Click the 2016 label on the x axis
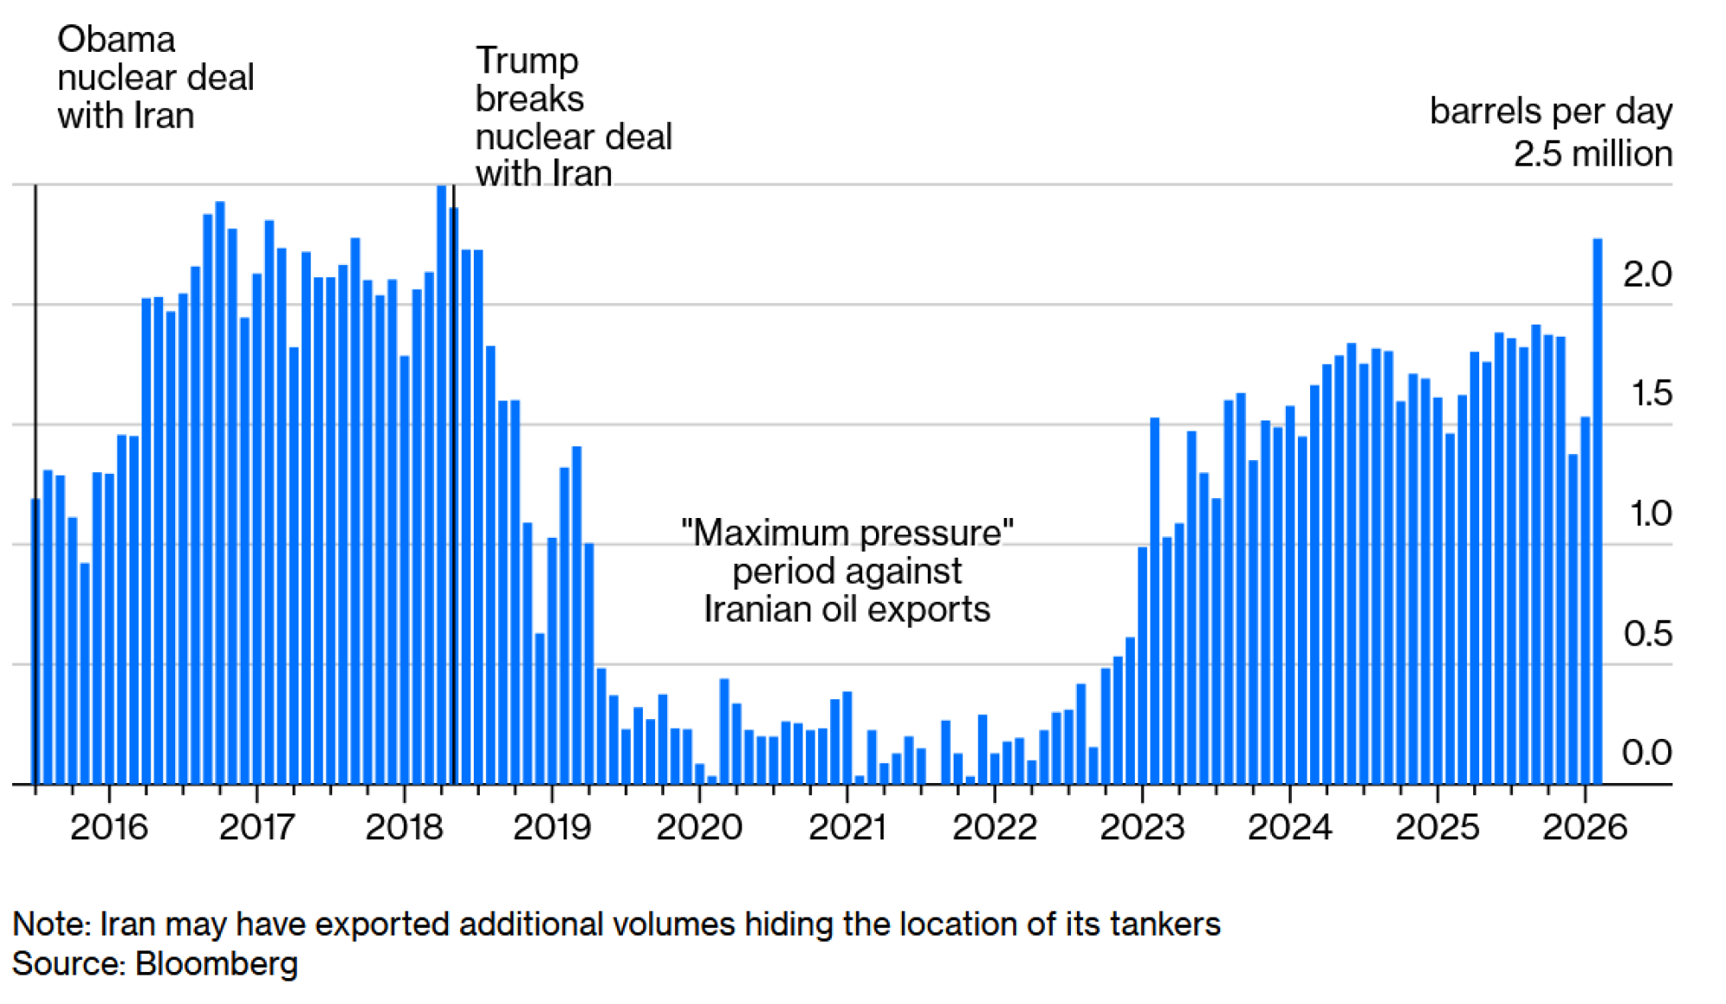click(x=109, y=827)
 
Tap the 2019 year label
click(x=551, y=827)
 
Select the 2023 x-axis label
click(x=1142, y=827)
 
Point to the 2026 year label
click(x=1584, y=827)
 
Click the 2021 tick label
click(x=847, y=827)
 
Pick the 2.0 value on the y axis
click(x=1647, y=275)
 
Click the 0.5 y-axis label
click(x=1647, y=634)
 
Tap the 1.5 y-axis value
click(x=1651, y=394)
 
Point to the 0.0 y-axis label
click(x=1647, y=753)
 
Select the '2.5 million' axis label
click(x=1592, y=154)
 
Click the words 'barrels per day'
click(x=1551, y=111)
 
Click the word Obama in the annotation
click(x=116, y=40)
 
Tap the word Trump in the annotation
click(x=526, y=60)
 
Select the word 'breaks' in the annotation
click(x=529, y=98)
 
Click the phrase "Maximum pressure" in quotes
click(x=847, y=533)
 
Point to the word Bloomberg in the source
click(x=216, y=963)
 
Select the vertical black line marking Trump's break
click(x=454, y=483)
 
